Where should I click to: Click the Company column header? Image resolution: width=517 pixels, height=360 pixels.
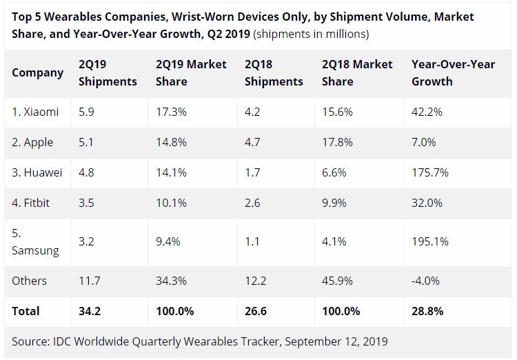38,73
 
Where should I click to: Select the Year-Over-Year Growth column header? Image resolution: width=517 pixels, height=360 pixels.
454,72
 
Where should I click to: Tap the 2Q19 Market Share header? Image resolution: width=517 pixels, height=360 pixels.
191,72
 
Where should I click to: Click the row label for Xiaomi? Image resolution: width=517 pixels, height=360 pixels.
35,112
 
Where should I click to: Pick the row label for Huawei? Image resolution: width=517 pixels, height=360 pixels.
37,172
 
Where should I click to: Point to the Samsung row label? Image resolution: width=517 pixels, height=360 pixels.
35,242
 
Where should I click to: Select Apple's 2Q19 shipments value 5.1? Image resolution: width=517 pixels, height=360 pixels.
86,142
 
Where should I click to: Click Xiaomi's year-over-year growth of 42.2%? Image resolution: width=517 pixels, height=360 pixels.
427,112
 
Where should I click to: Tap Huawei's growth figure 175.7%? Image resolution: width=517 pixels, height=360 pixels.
430,172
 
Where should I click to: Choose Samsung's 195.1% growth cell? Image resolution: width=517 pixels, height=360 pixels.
430,241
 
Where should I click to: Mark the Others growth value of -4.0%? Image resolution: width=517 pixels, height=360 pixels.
425,281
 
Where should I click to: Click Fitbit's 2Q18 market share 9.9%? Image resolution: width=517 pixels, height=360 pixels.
334,203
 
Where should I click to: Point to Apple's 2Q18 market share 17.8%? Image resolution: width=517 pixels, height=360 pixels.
337,142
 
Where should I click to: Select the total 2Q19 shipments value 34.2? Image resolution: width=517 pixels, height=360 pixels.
90,311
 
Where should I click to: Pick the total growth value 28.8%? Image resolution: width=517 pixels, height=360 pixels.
427,311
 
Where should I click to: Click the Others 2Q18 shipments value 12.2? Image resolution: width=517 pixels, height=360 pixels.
255,281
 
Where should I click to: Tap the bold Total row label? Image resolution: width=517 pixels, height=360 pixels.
26,311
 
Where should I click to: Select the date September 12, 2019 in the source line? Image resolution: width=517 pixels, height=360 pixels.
336,341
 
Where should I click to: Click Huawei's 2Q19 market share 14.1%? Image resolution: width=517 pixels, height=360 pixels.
171,172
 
